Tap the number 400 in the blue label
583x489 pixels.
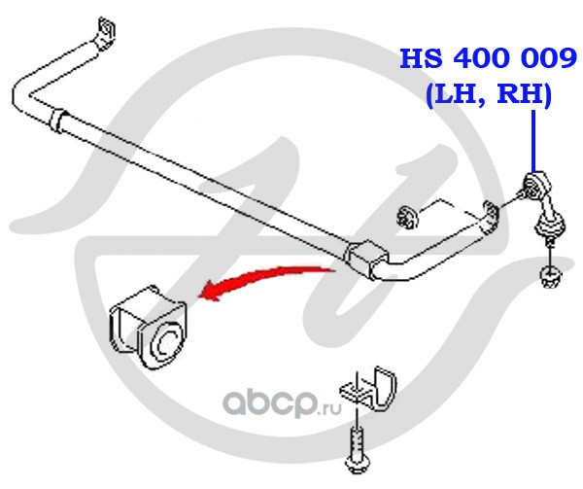[478, 61]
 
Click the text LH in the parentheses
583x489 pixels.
[451, 95]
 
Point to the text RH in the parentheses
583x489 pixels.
[520, 95]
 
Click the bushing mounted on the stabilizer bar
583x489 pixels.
[363, 258]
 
